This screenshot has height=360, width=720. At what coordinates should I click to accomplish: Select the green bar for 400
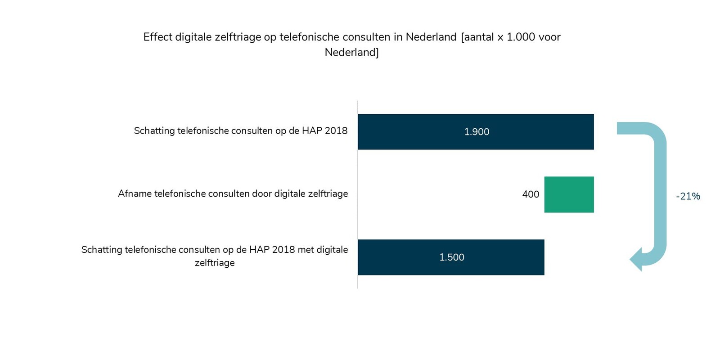pos(569,194)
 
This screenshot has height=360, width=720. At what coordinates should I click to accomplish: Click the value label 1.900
pos(477,132)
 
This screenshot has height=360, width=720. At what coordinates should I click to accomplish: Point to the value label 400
pos(531,194)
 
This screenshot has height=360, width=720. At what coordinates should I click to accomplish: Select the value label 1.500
pos(452,257)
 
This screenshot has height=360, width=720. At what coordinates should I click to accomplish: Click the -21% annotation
pos(688,196)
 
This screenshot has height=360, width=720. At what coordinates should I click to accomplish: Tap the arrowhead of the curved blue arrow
pos(636,260)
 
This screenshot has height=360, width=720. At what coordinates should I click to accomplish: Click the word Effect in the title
pos(157,37)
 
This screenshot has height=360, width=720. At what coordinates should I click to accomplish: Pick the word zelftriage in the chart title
pos(238,37)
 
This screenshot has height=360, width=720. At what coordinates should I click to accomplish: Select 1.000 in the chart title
pos(521,37)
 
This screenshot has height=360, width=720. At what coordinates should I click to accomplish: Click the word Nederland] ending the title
pos(351,52)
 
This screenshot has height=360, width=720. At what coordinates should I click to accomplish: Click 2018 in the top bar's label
pos(336,131)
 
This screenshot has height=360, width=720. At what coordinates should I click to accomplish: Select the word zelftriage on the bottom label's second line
pos(215,263)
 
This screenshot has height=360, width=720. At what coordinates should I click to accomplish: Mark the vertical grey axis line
pos(358,193)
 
